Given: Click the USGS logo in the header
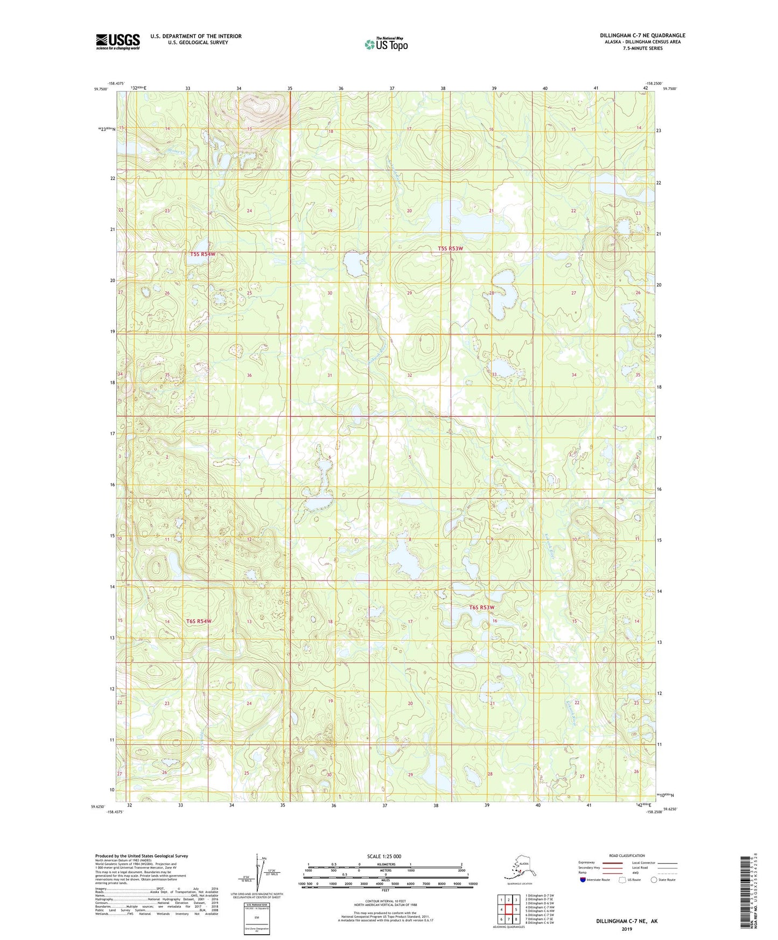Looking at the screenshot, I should (x=117, y=41).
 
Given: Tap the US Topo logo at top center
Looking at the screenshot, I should (x=386, y=44).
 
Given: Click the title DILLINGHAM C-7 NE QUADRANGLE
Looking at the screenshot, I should (x=642, y=36).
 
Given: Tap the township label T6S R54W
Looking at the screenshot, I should (x=199, y=621).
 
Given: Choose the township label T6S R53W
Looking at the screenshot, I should (x=481, y=607).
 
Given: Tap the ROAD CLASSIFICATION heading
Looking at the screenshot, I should (x=627, y=855).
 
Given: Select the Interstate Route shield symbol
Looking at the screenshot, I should (x=583, y=880).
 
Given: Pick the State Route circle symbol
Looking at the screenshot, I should (x=654, y=880).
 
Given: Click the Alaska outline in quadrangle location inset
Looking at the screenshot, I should (x=518, y=867).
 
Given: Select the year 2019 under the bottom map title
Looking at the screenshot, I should (x=627, y=929).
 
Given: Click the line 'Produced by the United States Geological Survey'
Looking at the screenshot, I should (x=142, y=855).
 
